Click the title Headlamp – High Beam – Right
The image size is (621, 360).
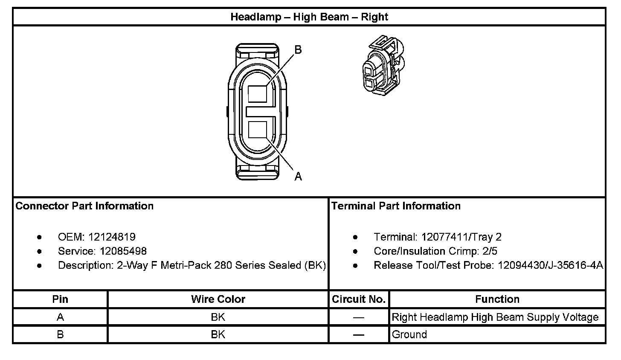(x=309, y=17)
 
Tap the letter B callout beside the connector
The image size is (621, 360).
(x=298, y=50)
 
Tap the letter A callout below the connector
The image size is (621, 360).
(x=298, y=176)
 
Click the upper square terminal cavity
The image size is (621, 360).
(x=257, y=93)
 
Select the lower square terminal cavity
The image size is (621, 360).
(x=257, y=129)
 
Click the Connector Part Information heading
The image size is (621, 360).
(x=84, y=206)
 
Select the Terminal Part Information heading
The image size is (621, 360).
(x=396, y=206)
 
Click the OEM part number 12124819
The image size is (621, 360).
(x=112, y=237)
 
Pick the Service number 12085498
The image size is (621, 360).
(x=123, y=251)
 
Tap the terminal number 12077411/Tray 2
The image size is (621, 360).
(x=461, y=237)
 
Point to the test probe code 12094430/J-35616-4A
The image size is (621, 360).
(x=550, y=265)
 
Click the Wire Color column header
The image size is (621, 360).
(x=218, y=299)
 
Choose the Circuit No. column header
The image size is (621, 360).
(x=359, y=299)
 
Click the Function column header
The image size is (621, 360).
(x=497, y=299)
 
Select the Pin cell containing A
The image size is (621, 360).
(x=60, y=317)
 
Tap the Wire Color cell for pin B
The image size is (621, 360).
(x=218, y=334)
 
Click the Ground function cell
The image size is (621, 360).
(x=409, y=334)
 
